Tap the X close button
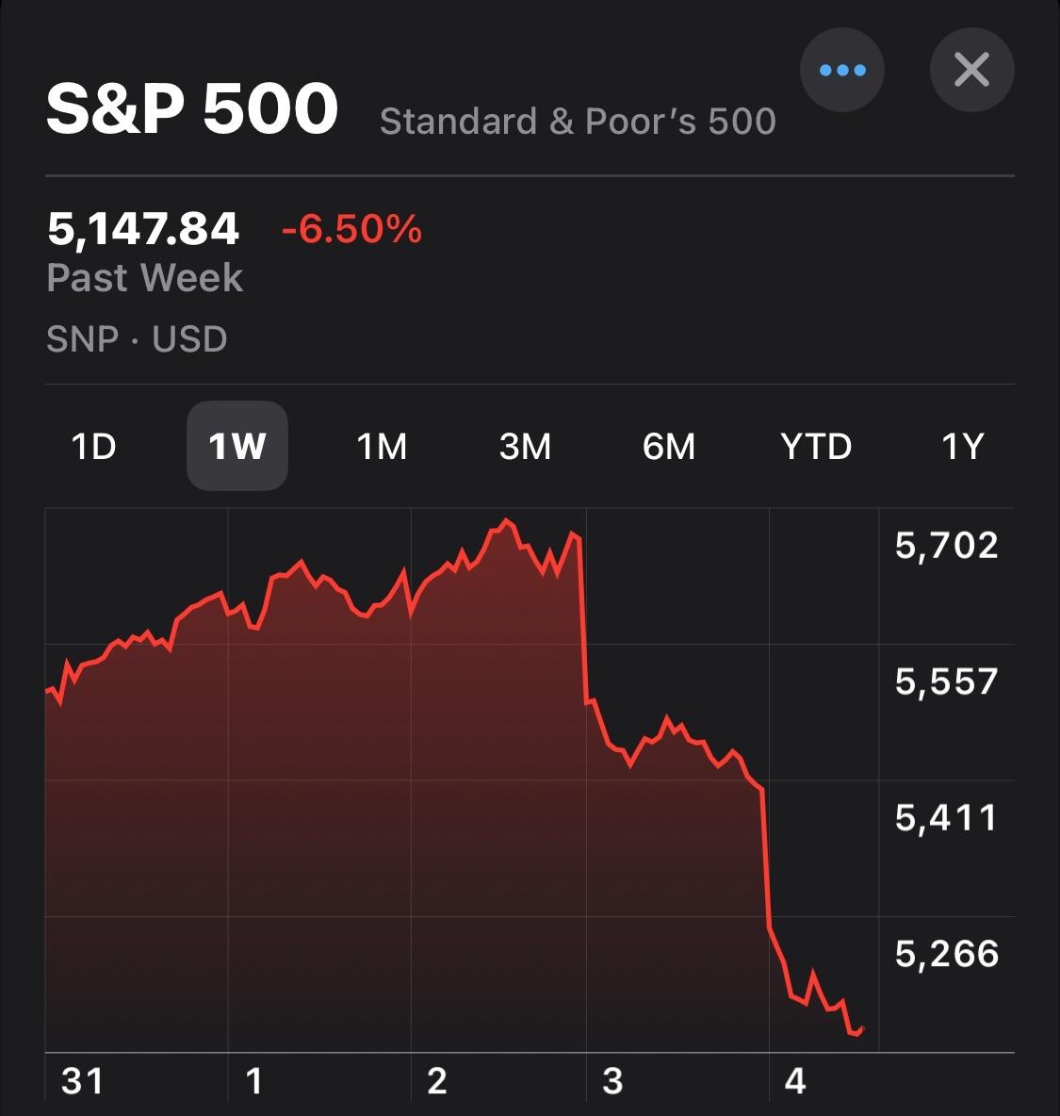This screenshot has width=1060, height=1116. click(971, 71)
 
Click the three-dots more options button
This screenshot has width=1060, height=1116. click(841, 71)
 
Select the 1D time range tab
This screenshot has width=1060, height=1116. click(94, 446)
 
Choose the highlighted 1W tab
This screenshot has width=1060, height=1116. click(237, 446)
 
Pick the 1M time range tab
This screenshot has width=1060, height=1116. click(382, 446)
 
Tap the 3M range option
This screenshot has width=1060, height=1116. click(525, 446)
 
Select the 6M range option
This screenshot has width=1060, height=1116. click(669, 446)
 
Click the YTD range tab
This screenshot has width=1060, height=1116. click(816, 446)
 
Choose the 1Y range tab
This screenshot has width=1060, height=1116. click(962, 446)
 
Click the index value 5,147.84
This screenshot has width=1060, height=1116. click(143, 229)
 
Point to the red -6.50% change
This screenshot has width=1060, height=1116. click(351, 229)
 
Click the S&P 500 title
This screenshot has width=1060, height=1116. click(192, 108)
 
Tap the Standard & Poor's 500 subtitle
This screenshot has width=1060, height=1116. click(578, 122)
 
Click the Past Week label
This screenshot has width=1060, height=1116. click(145, 278)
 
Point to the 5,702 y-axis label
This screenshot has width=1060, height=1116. click(946, 546)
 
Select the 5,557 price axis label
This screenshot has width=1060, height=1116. click(946, 681)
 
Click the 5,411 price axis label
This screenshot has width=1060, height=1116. click(946, 818)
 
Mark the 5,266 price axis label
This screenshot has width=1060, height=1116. click(946, 955)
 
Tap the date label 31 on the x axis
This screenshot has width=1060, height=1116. click(82, 1081)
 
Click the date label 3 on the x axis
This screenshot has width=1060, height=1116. click(612, 1081)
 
